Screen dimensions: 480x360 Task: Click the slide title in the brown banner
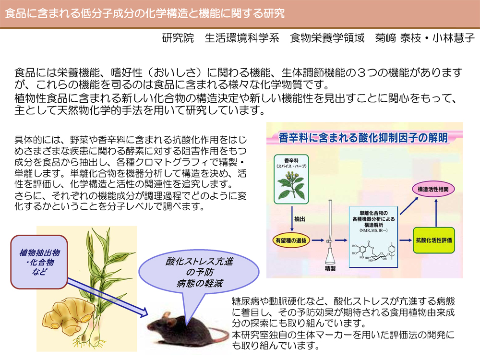pyautogui.click(x=145, y=13)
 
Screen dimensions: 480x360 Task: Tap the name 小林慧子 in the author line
pyautogui.click(x=454, y=38)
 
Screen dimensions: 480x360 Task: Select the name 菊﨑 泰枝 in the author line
pyautogui.click(x=398, y=38)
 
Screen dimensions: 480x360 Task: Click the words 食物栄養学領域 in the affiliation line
pyautogui.click(x=327, y=38)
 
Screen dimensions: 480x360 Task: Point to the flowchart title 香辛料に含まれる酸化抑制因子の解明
pyautogui.click(x=363, y=138)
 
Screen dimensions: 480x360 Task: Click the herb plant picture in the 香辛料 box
pyautogui.click(x=291, y=185)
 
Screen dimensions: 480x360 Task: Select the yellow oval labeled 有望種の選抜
pyautogui.click(x=291, y=240)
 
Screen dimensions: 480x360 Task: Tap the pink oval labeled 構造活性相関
pyautogui.click(x=433, y=189)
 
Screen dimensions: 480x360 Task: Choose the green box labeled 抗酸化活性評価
pyautogui.click(x=434, y=240)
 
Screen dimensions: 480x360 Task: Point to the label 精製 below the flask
pyautogui.click(x=330, y=268)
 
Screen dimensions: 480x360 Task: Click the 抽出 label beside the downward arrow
pyautogui.click(x=300, y=219)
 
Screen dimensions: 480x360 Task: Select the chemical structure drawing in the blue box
pyautogui.click(x=373, y=251)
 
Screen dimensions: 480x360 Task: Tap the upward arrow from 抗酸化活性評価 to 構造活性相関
pyautogui.click(x=436, y=213)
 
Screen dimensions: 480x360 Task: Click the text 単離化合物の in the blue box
pyautogui.click(x=373, y=213)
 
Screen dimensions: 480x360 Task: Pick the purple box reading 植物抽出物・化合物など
pyautogui.click(x=39, y=262)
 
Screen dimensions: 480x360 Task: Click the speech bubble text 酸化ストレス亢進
pyautogui.click(x=200, y=262)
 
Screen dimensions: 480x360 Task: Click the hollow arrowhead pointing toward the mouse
pyautogui.click(x=144, y=313)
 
